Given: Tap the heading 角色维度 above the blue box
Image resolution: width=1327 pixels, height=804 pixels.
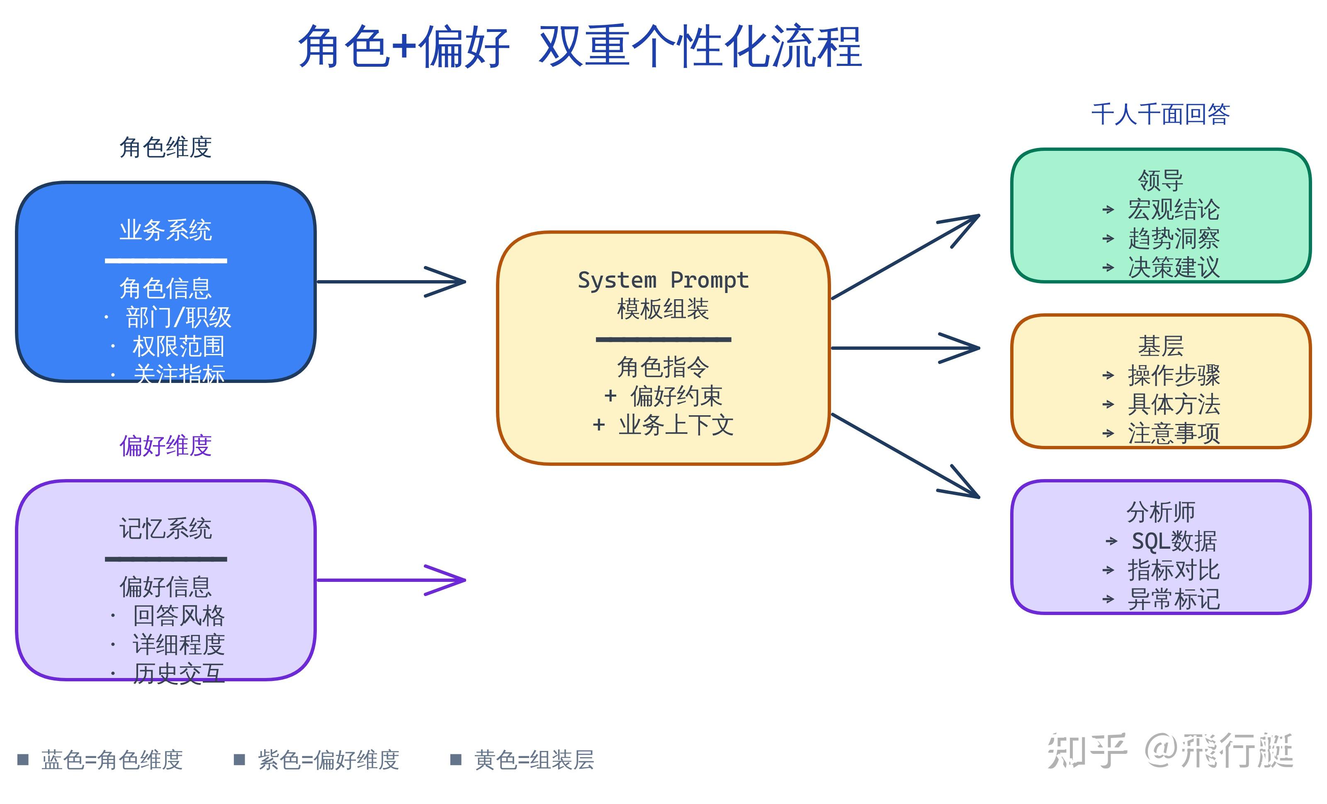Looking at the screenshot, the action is pos(165,147).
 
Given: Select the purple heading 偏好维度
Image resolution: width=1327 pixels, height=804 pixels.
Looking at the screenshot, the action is pos(165,445).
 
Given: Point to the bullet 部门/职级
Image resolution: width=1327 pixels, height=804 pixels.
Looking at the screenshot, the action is pos(178,317).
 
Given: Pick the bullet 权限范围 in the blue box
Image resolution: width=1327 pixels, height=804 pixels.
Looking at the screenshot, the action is pos(178,346).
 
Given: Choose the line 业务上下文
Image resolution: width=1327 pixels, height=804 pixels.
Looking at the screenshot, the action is pos(676,425).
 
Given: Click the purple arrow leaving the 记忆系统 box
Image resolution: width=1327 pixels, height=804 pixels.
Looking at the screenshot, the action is pos(391,580).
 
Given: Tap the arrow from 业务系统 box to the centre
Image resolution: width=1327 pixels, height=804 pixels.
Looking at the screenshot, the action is pos(391,281).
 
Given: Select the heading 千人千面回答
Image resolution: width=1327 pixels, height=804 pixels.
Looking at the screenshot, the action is pos(1161,114).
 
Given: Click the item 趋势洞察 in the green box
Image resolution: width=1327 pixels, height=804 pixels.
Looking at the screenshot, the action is pos(1174,238).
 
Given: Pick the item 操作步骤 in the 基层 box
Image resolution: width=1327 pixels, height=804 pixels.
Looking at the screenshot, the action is pos(1174,375).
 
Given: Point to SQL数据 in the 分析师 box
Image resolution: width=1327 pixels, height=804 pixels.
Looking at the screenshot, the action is pos(1174,541).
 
